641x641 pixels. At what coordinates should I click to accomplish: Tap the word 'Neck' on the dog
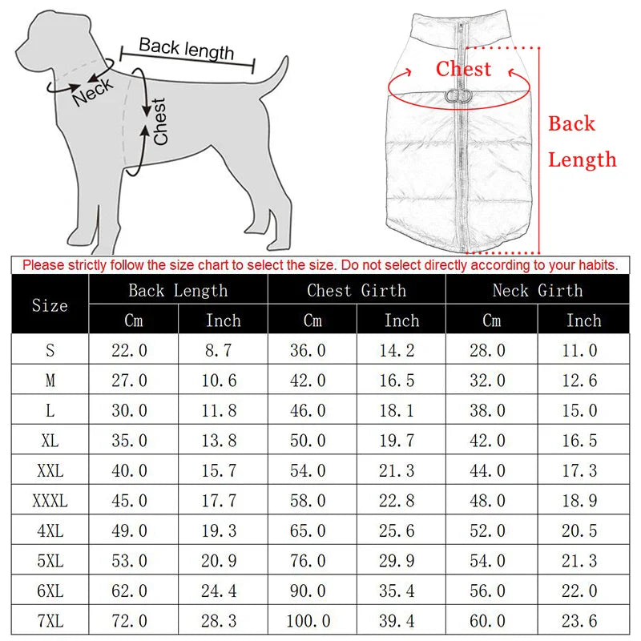coord(93,89)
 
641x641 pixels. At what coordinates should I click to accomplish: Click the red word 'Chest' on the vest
coord(463,69)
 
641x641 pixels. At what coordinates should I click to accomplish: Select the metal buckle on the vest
coord(460,96)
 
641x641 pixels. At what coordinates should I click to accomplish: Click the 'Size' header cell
coord(50,305)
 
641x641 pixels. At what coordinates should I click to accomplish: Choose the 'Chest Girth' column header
coord(357,290)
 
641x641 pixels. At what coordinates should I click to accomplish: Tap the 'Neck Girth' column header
coord(538,290)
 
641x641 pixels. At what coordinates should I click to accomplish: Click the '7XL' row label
coord(50,621)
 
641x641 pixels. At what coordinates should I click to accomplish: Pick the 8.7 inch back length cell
coord(222,350)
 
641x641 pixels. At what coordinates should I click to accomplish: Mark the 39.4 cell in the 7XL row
coord(401,621)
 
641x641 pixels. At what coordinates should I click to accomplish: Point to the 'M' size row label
coord(50,380)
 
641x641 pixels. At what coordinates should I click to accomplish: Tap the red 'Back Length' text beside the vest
coord(582,142)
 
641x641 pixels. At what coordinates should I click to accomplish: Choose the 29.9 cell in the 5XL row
coord(401,561)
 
